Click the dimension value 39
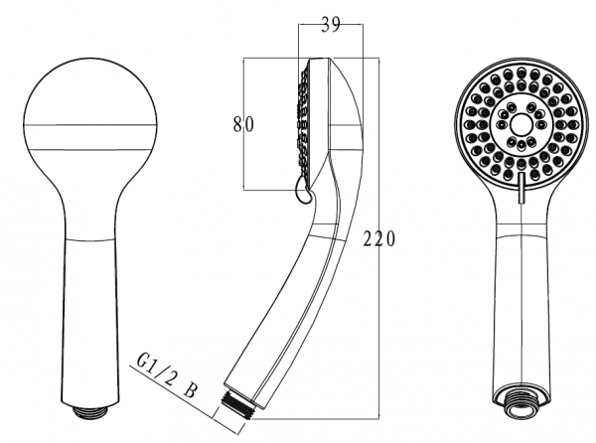click(x=331, y=25)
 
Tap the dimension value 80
click(x=243, y=124)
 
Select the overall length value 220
click(x=379, y=239)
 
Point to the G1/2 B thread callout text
click(x=167, y=375)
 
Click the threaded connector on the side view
click(x=235, y=404)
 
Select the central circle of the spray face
click(x=521, y=124)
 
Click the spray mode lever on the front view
click(x=521, y=188)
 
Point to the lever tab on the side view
click(x=303, y=192)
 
